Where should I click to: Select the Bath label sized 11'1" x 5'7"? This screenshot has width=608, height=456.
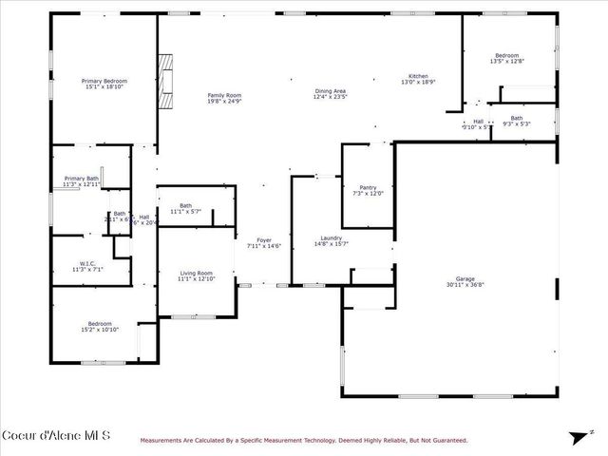186,209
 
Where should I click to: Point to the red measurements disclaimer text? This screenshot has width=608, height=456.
304,440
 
